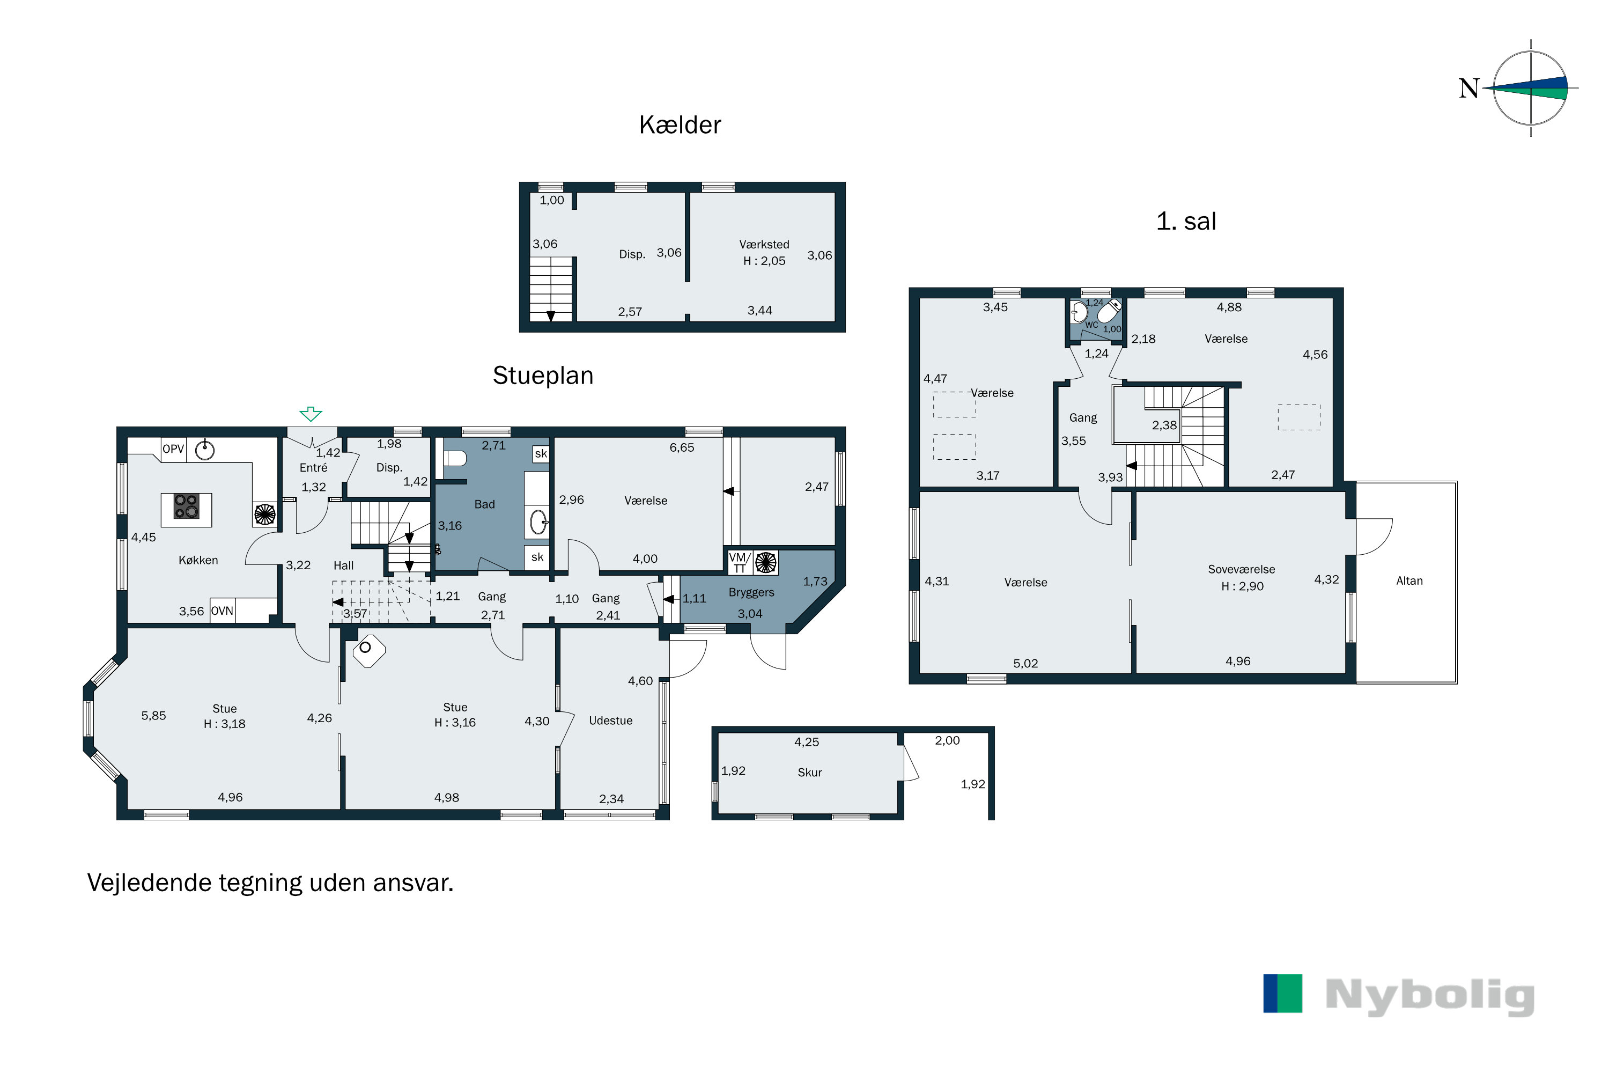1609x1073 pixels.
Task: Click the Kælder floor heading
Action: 680,125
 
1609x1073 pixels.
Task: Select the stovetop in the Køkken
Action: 186,506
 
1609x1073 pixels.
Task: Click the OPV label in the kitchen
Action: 173,449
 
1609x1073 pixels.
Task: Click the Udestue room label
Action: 610,721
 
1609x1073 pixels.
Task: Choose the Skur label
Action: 809,773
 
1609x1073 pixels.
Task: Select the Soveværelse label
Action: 1241,569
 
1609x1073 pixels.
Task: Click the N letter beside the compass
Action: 1469,89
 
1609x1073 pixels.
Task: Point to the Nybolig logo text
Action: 1430,996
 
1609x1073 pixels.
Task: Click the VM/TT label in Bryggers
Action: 740,562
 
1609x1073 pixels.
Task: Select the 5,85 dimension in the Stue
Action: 153,716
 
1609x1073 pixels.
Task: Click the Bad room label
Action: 484,504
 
